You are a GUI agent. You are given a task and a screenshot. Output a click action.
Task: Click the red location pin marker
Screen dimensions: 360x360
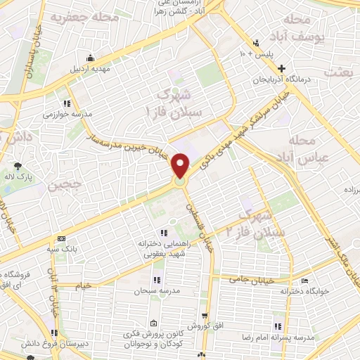tap(181, 166)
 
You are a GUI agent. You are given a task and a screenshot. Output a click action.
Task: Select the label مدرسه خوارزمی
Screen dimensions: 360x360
tap(63, 114)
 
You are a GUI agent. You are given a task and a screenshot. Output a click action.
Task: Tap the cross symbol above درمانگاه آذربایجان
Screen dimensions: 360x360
tap(281, 69)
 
